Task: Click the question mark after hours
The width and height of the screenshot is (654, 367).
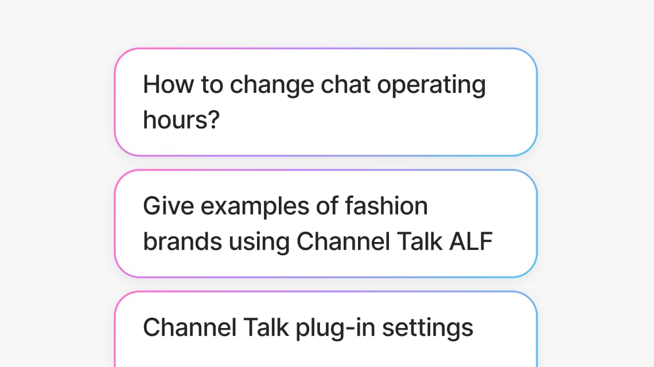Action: [214, 120]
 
